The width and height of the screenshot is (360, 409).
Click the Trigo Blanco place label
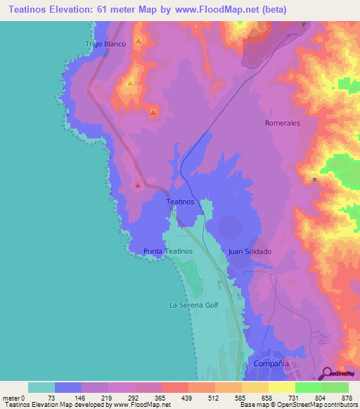pyautogui.click(x=105, y=44)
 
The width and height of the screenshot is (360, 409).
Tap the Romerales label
pyautogui.click(x=283, y=123)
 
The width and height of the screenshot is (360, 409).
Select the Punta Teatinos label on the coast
pyautogui.click(x=167, y=251)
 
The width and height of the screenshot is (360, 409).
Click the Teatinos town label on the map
pyautogui.click(x=179, y=202)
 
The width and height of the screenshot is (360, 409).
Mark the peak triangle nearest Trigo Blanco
pyautogui.click(x=139, y=41)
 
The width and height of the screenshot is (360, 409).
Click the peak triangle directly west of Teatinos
pyautogui.click(x=138, y=186)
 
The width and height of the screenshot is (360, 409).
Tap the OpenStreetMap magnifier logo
pyautogui.click(x=327, y=372)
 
